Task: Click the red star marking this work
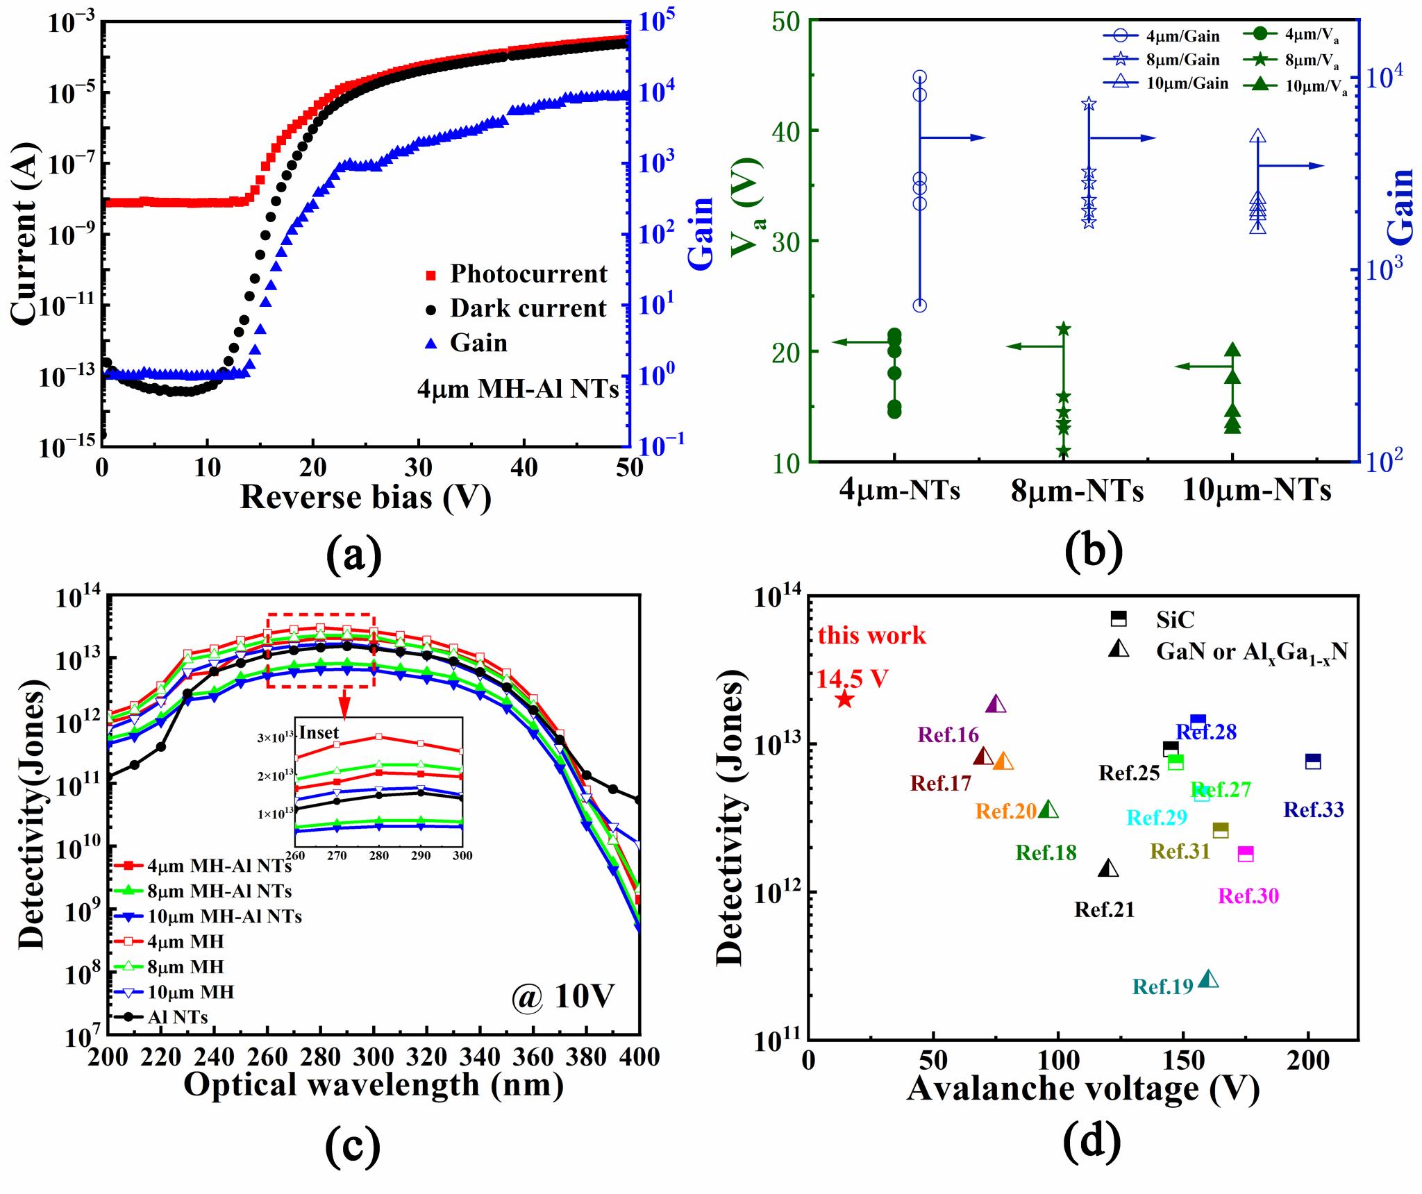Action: [x=844, y=699]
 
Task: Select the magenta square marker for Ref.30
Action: [x=1246, y=854]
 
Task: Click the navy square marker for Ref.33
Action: [x=1312, y=761]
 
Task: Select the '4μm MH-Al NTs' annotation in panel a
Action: [x=517, y=389]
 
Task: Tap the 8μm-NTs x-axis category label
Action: [x=1077, y=490]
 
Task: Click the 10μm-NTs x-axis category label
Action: [x=1257, y=490]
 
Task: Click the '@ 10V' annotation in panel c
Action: [x=562, y=997]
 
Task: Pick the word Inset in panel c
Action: [x=319, y=733]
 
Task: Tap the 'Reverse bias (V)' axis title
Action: [x=365, y=497]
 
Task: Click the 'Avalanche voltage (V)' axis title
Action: [x=1082, y=1088]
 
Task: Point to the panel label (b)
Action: [x=1093, y=550]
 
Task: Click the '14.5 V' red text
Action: [x=852, y=678]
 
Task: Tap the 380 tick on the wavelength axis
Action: [x=586, y=1057]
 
